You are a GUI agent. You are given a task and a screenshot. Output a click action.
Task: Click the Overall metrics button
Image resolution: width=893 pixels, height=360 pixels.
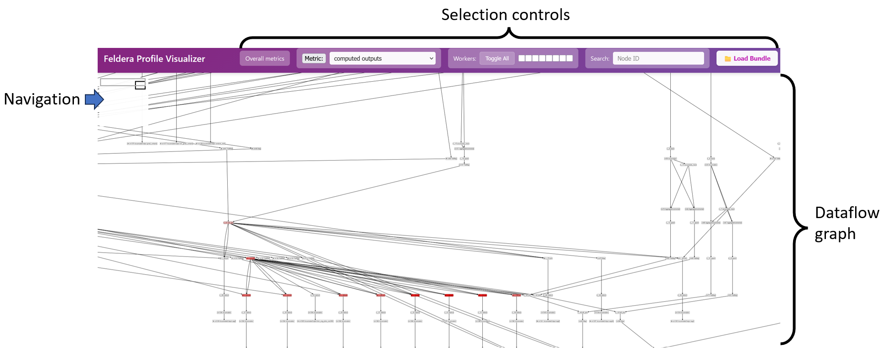point(265,58)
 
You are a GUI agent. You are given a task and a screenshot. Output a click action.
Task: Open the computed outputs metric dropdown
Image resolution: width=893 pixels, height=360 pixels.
point(382,58)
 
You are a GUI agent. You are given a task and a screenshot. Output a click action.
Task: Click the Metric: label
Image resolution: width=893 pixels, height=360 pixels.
point(313,58)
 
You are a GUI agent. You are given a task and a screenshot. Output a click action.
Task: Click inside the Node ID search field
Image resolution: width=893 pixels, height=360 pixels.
point(658,58)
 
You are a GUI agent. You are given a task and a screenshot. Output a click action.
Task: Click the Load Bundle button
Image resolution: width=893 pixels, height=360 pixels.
point(747,58)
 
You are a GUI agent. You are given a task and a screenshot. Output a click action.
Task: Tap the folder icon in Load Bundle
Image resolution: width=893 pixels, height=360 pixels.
point(728,59)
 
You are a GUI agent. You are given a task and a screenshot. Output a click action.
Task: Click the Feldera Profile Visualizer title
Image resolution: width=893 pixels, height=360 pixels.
point(154,59)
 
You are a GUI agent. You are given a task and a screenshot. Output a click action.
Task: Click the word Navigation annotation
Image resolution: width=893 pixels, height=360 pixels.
point(42,99)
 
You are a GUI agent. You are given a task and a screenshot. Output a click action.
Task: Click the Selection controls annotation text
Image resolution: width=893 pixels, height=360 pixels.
point(505,15)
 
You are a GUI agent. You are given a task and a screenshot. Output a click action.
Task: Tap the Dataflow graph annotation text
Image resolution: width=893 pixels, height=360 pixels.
point(846,223)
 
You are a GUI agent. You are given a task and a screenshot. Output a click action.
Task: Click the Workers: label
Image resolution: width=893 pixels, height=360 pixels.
point(465,58)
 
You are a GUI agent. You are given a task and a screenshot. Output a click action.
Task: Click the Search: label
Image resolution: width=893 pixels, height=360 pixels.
point(600,58)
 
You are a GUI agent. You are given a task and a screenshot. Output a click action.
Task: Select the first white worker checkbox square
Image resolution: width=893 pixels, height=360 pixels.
point(522,58)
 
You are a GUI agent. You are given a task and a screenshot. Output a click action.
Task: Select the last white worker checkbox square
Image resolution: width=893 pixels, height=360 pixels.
point(569,58)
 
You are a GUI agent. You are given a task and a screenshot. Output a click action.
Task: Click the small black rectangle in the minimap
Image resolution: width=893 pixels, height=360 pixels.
point(140,85)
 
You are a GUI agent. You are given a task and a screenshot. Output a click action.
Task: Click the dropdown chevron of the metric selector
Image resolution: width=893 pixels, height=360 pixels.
point(431,58)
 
